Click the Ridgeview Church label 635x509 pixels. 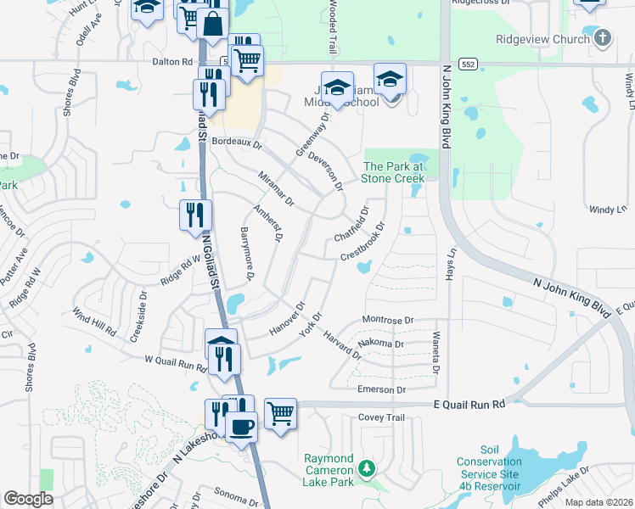[x=542, y=39]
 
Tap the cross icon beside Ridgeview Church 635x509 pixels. [x=602, y=38]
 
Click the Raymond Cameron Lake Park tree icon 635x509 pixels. [x=367, y=467]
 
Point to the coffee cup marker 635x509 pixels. [x=242, y=427]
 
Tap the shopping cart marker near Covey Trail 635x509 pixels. [x=280, y=413]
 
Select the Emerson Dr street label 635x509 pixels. [x=384, y=389]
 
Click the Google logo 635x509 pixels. [x=29, y=499]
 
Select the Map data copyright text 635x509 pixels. [x=601, y=501]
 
